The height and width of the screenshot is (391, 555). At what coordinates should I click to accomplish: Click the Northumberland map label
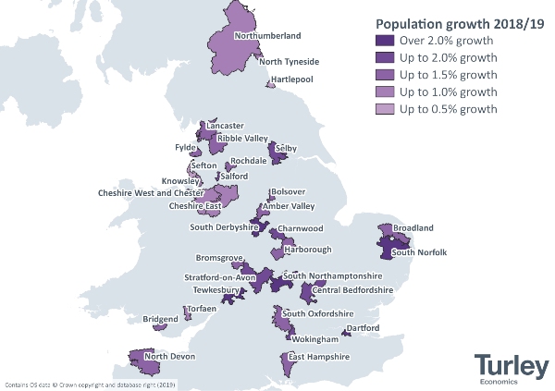pyautogui.click(x=268, y=36)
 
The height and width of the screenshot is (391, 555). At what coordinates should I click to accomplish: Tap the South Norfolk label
pyautogui.click(x=419, y=252)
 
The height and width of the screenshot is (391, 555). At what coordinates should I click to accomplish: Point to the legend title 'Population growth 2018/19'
pyautogui.click(x=445, y=23)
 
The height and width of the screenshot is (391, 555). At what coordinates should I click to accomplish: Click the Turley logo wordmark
pyautogui.click(x=508, y=362)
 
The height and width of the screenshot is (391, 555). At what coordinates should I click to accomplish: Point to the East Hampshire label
pyautogui.click(x=318, y=357)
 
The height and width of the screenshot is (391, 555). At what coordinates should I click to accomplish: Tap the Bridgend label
pyautogui.click(x=160, y=320)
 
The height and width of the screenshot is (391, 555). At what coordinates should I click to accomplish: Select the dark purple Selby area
pyautogui.click(x=277, y=153)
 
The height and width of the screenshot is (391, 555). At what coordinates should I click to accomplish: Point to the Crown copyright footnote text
pyautogui.click(x=90, y=384)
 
